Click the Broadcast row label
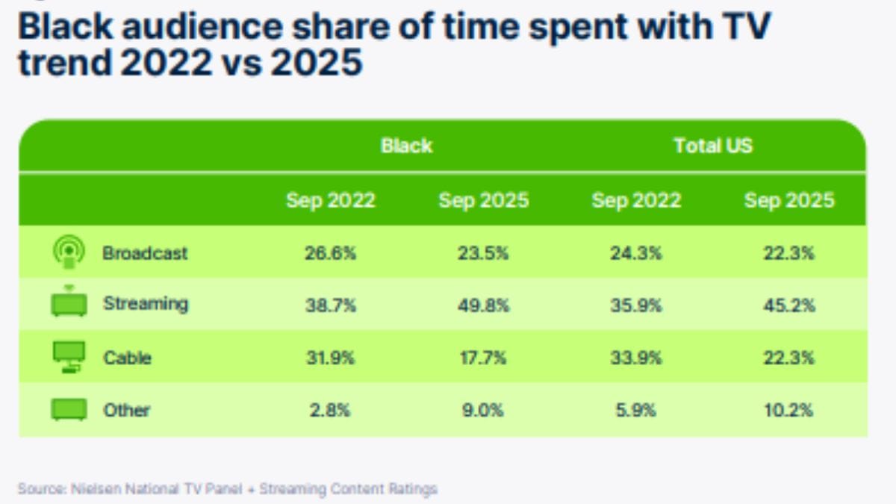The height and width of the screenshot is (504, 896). coord(145,253)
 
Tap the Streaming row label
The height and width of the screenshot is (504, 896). coord(146,304)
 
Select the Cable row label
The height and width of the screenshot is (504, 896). coord(127,358)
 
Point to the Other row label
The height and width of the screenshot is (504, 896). coord(126,410)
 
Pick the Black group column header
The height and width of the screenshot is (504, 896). coord(406,146)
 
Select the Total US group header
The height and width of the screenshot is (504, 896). coord(713,146)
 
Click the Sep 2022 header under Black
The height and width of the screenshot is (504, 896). coord(330,200)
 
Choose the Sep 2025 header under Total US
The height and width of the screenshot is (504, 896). coord(789,200)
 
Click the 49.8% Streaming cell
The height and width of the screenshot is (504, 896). coord(483,305)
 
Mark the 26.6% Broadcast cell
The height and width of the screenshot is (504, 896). coord(330,253)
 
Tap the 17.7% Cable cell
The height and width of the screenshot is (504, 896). coord(483,358)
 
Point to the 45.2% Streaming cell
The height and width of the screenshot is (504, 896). coord(789,305)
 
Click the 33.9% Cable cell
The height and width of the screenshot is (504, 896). coord(636,358)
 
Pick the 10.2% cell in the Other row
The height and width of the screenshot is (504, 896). coord(789,410)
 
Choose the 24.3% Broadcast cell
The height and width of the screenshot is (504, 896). coord(636,253)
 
